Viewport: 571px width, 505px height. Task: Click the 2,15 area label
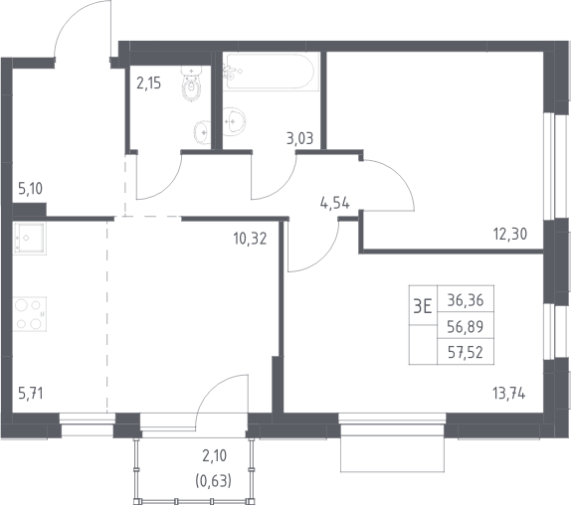tap(148, 84)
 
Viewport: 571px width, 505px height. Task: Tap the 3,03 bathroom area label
tap(299, 138)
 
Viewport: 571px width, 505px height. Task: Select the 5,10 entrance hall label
tap(30, 189)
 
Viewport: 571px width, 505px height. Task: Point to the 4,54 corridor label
tap(334, 203)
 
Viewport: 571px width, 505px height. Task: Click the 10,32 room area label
tap(250, 239)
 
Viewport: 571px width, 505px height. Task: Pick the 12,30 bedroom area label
tap(510, 234)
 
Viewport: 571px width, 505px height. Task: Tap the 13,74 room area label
tap(508, 394)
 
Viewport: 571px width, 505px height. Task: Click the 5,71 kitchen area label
tap(31, 394)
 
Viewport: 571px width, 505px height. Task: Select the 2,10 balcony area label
tap(214, 455)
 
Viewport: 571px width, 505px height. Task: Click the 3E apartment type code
tap(423, 307)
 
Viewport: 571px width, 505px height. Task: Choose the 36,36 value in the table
tap(466, 300)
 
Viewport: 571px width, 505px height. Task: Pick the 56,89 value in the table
tap(466, 327)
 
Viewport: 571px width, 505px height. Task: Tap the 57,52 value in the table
tap(466, 352)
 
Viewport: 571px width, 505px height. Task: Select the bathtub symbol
tap(270, 72)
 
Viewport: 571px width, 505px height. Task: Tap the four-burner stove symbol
tap(30, 314)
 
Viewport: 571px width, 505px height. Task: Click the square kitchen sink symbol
tap(30, 239)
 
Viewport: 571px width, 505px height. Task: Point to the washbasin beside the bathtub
tap(234, 121)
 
